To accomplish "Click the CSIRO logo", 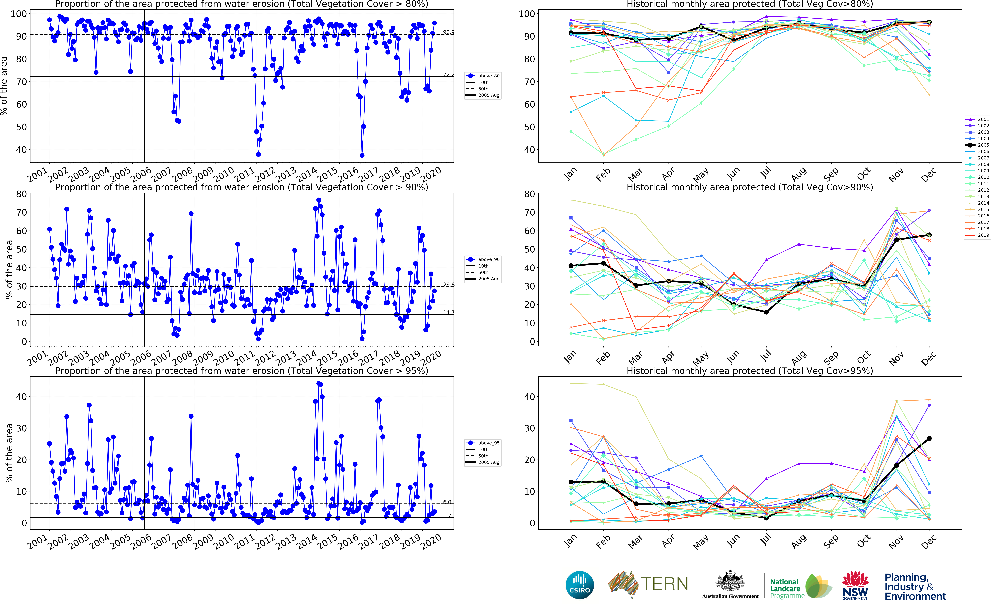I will click(x=580, y=585).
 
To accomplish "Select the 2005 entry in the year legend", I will click(x=983, y=145).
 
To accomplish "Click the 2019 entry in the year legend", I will click(x=983, y=235).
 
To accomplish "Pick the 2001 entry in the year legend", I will click(x=983, y=119).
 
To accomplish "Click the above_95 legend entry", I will click(x=488, y=443).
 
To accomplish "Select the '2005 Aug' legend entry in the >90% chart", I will click(x=488, y=279).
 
